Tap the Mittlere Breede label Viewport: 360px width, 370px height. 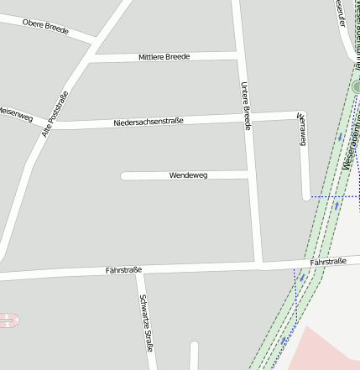[164, 57]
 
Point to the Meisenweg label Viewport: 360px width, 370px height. [14, 111]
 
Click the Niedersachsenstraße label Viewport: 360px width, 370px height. [149, 122]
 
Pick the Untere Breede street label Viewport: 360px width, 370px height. [247, 105]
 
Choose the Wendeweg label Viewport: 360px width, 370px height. [188, 175]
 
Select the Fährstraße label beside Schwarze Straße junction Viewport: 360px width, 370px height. [123, 270]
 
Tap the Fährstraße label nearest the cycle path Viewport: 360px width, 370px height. [328, 263]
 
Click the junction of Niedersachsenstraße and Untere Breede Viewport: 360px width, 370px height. [248, 118]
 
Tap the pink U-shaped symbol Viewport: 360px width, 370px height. [8, 320]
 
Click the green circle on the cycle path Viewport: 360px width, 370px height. [356, 86]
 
